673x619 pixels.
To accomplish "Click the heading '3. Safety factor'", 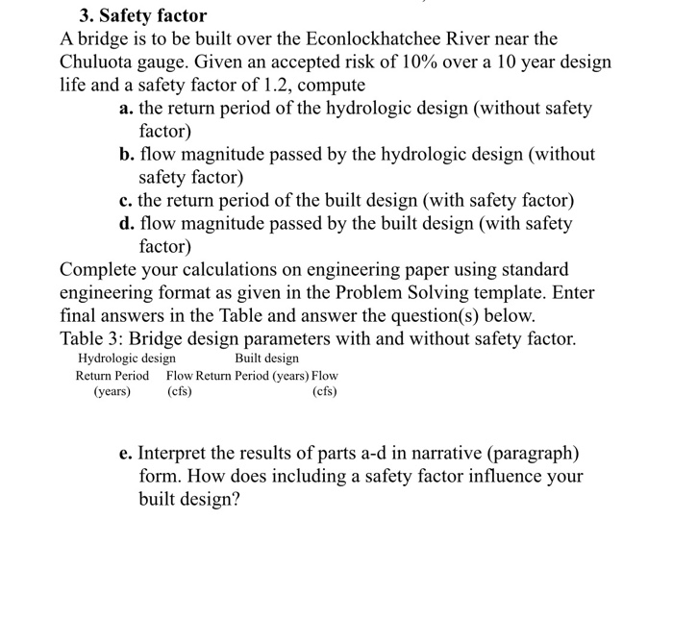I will (x=142, y=16).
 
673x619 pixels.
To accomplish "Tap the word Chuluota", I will (x=100, y=62).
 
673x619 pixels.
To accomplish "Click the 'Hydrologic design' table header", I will (x=126, y=359).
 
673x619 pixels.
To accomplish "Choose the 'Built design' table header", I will (x=266, y=359).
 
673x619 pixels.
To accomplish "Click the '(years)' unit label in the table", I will (x=112, y=391).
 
